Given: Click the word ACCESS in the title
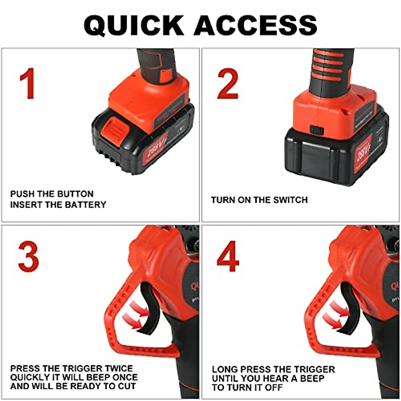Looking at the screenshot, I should pos(255,25).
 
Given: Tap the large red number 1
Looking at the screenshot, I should pos(27,84).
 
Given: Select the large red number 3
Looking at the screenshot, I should pos(28,257).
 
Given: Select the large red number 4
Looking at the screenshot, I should pos(228,257).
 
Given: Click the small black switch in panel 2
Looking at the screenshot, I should pos(315,129).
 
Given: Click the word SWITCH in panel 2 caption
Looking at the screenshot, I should pos(290,200).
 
